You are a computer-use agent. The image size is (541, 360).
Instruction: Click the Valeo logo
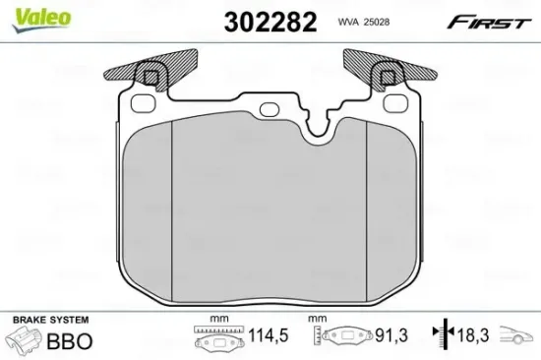tap(41, 20)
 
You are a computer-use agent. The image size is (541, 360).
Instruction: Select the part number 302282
tap(270, 22)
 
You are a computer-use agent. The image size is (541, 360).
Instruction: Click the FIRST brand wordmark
tap(489, 22)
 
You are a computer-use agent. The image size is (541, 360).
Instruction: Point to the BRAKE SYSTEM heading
tap(51, 320)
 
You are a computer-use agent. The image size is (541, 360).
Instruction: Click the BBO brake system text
tap(70, 341)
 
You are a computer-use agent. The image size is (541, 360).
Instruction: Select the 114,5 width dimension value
tap(269, 335)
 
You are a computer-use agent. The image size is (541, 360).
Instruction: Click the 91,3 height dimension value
tap(391, 335)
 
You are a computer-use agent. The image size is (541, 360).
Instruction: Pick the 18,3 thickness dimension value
tap(473, 335)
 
